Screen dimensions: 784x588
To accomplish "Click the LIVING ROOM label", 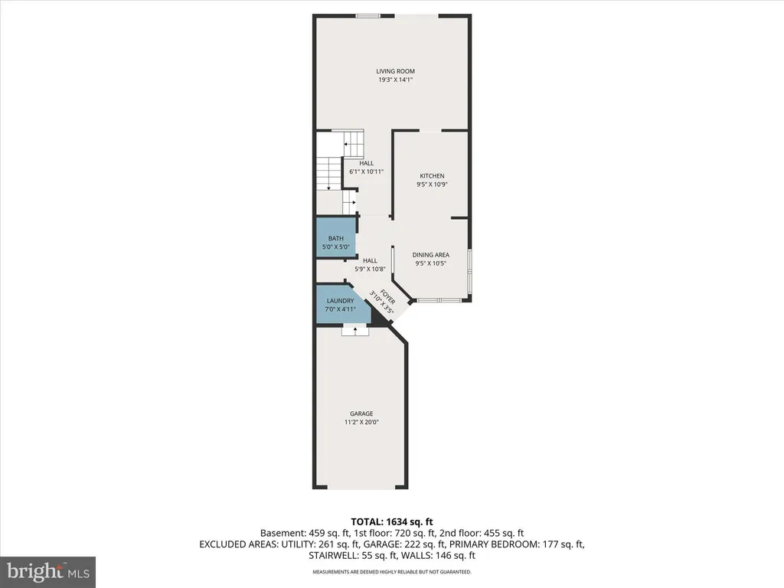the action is click(x=395, y=71).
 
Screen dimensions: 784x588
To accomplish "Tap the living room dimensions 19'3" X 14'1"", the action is click(x=395, y=80).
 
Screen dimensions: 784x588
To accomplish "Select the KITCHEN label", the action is click(x=432, y=176).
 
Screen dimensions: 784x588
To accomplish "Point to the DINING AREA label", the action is click(x=430, y=255).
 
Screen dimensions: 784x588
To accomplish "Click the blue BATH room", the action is click(x=336, y=237).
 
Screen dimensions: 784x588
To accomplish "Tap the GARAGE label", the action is click(x=361, y=413).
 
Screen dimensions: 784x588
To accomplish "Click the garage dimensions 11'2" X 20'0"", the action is click(x=361, y=422).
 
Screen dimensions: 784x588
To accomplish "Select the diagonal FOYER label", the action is click(x=387, y=297).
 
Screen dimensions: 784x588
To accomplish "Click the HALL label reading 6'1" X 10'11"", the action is click(x=367, y=167).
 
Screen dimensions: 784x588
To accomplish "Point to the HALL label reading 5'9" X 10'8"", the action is click(x=370, y=264).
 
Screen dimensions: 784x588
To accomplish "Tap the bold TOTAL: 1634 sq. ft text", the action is click(x=392, y=522).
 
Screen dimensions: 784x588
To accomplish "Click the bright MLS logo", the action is click(x=48, y=572).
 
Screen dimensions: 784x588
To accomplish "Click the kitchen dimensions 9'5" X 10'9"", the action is click(x=432, y=185).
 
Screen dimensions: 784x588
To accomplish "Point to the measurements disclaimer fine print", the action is click(x=392, y=572).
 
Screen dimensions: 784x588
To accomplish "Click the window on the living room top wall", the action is click(x=368, y=15).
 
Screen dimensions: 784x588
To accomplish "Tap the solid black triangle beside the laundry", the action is click(x=380, y=318).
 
